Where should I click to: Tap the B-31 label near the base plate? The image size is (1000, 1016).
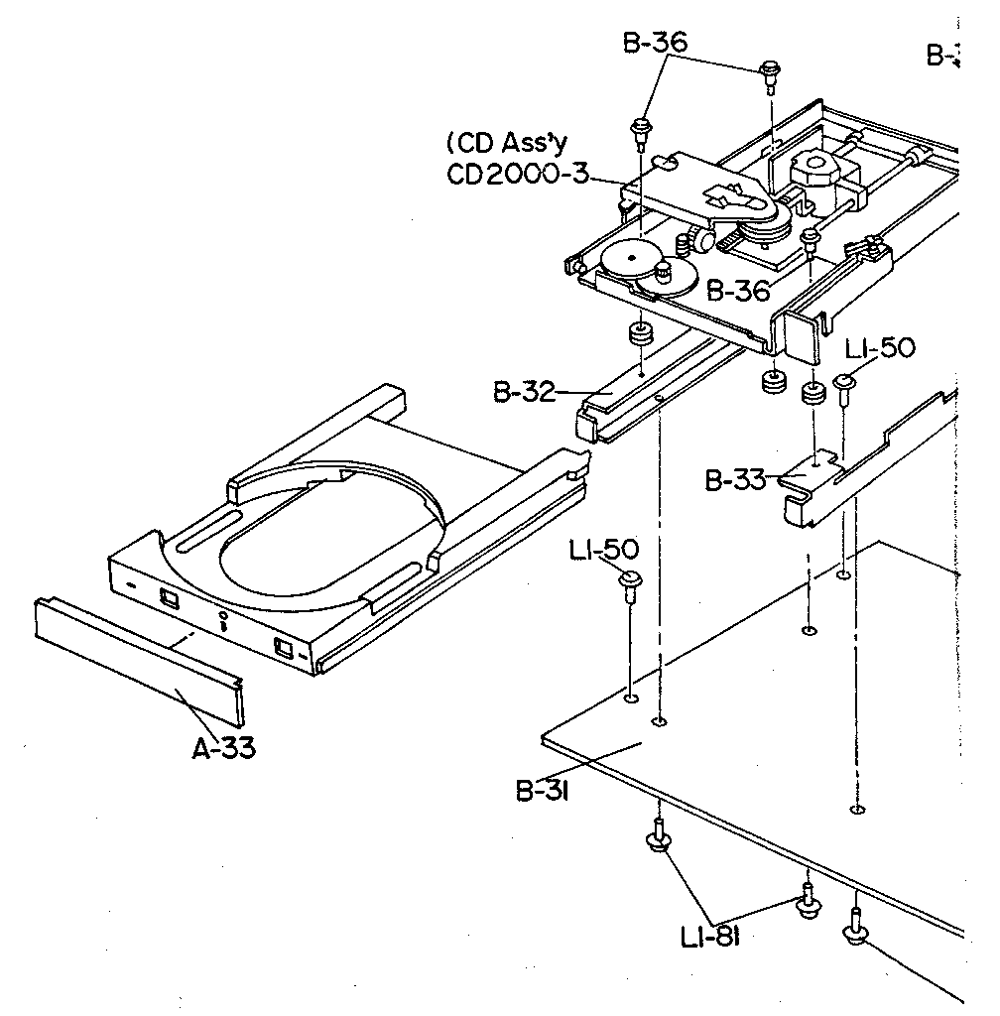coord(541,791)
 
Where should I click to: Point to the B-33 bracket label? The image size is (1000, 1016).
coord(735,481)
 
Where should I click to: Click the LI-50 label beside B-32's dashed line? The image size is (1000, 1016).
coord(604,549)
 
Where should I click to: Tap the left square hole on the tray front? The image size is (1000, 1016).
coord(168,598)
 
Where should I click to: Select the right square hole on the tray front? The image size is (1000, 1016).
coord(282,650)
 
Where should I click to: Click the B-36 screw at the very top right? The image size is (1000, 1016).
coord(770,68)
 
